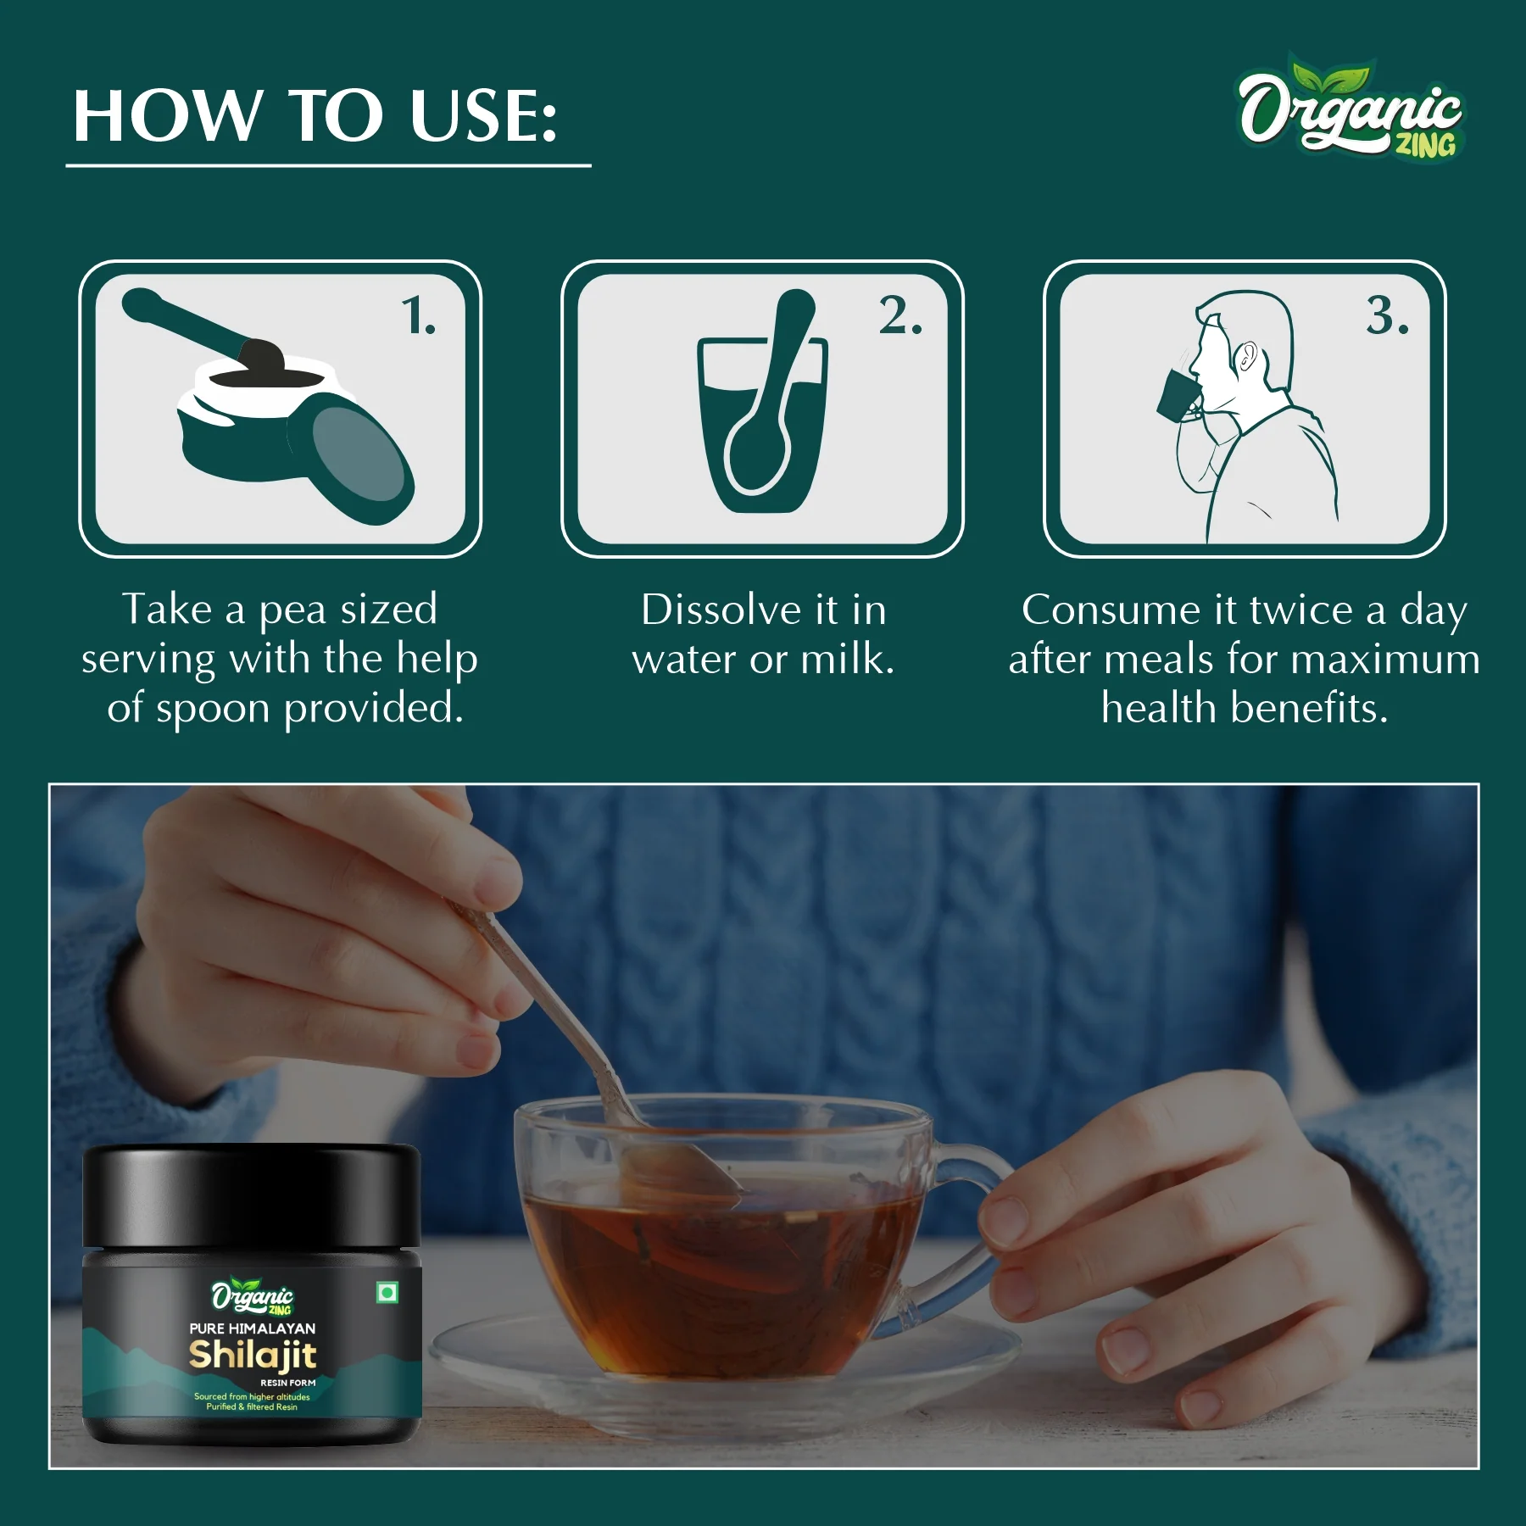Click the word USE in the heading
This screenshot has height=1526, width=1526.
pyautogui.click(x=483, y=116)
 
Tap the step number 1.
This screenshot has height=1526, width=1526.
pyautogui.click(x=418, y=315)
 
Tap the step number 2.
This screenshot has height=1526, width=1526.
pyautogui.click(x=899, y=315)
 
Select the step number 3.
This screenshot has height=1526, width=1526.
pyautogui.click(x=1387, y=315)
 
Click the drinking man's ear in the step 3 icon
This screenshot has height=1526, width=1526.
pyautogui.click(x=1245, y=355)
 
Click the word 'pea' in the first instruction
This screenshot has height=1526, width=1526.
pyautogui.click(x=292, y=610)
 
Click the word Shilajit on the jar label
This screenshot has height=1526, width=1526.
pyautogui.click(x=253, y=1354)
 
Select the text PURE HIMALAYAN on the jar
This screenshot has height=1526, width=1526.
pyautogui.click(x=253, y=1328)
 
